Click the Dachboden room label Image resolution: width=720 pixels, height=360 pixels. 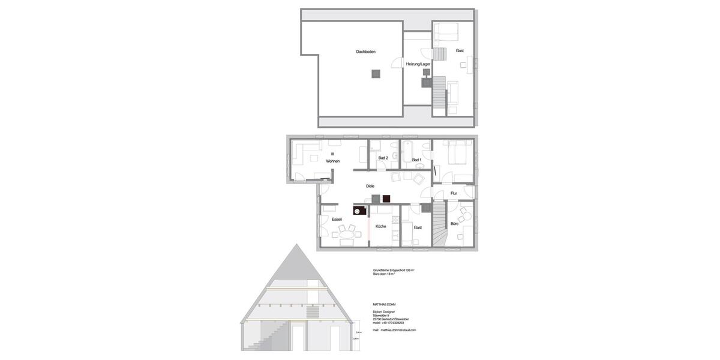(x=365, y=52)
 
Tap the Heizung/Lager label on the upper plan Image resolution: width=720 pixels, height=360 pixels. (x=418, y=64)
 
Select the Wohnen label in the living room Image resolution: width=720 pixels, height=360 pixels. (x=332, y=161)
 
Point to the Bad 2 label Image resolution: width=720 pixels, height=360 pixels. (x=383, y=158)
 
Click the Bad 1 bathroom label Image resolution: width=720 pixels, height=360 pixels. (x=416, y=160)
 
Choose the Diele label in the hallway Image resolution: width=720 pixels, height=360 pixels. (x=370, y=186)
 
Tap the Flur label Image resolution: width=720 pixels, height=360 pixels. (x=454, y=193)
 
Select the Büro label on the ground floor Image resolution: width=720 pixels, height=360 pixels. (x=454, y=224)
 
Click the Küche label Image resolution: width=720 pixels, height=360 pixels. (x=381, y=226)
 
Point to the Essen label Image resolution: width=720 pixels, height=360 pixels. (x=337, y=219)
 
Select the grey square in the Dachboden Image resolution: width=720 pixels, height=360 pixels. (x=376, y=74)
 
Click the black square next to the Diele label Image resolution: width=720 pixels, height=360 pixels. (x=386, y=199)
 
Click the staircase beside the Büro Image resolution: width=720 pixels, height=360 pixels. (x=440, y=223)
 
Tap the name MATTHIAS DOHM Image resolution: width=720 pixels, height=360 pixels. (x=384, y=305)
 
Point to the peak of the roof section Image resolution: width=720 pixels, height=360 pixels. (x=295, y=244)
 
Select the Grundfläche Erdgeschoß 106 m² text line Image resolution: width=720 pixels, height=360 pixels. (x=394, y=270)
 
